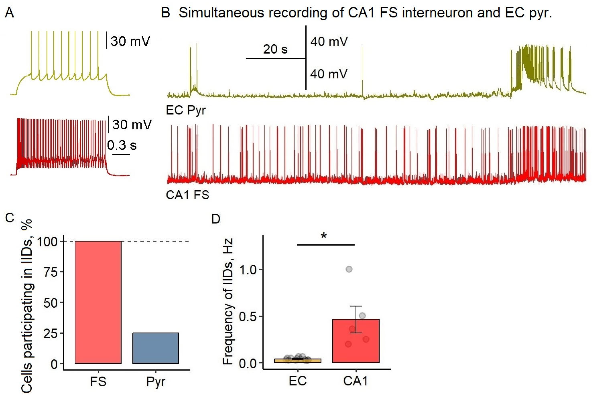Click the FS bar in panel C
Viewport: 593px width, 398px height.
coord(98,302)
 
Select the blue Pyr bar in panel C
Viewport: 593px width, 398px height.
coord(156,348)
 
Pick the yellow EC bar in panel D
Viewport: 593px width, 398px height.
coord(298,360)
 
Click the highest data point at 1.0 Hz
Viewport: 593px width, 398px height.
coord(349,269)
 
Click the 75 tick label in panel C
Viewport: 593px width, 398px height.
coord(51,272)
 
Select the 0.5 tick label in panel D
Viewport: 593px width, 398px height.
coord(248,317)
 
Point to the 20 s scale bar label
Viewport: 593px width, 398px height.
coord(275,49)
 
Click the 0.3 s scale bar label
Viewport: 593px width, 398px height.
coord(122,145)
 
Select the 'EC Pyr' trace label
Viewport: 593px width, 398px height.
coord(186,110)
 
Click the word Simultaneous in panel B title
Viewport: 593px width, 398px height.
coord(221,13)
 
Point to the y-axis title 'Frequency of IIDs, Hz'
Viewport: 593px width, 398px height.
coord(228,302)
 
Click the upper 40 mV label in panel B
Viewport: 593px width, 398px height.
coord(329,41)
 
